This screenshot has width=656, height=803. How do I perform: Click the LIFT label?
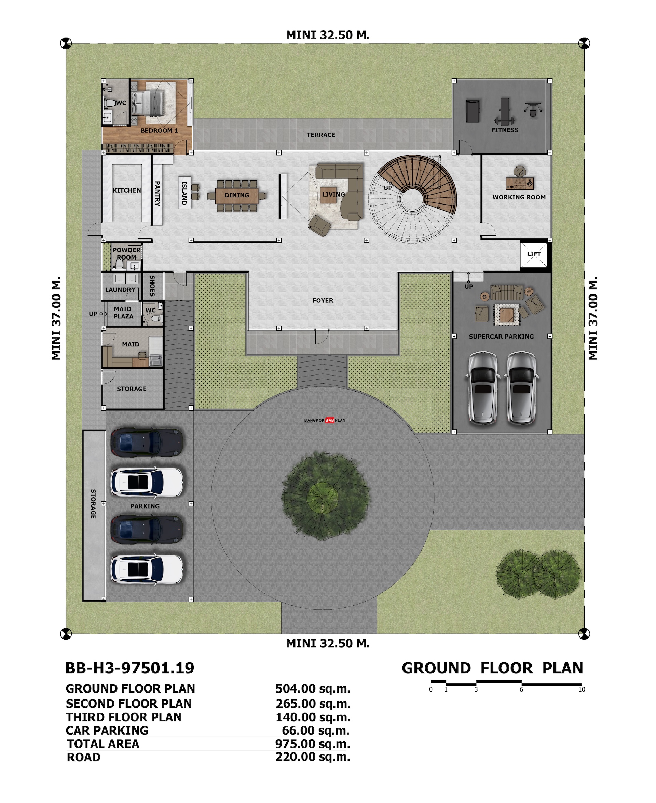click(x=534, y=254)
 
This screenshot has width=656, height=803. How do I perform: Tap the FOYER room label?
click(x=323, y=300)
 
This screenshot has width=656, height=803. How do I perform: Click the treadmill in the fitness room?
click(x=473, y=111)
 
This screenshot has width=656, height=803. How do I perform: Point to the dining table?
click(x=237, y=196)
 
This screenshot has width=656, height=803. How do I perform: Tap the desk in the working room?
click(x=519, y=183)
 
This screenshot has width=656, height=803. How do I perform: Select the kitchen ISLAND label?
click(x=184, y=193)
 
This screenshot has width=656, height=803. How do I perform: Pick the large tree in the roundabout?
click(x=325, y=496)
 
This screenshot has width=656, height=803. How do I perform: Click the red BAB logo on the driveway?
click(x=329, y=420)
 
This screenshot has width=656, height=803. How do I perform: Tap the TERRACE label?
click(x=321, y=135)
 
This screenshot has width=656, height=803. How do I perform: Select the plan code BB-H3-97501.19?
click(x=129, y=668)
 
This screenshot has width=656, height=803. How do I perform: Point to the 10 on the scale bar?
click(x=582, y=689)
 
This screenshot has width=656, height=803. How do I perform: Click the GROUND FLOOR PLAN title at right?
click(x=492, y=668)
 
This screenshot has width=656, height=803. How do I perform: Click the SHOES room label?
click(x=152, y=286)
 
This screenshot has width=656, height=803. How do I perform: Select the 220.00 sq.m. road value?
click(x=313, y=757)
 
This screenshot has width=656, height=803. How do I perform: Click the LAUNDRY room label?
click(x=120, y=290)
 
